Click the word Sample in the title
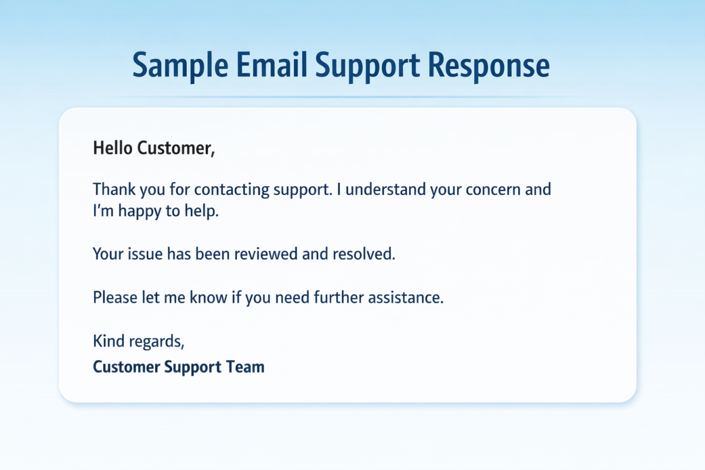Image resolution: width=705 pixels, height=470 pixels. [180, 65]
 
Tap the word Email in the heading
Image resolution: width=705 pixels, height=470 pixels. [271, 65]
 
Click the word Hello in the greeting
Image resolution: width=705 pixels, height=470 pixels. [113, 147]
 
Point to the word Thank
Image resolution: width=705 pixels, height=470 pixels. [114, 189]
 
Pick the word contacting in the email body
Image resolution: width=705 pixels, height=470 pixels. [231, 190]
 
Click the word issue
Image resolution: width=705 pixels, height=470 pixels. [145, 254]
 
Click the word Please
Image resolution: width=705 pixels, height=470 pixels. [115, 297]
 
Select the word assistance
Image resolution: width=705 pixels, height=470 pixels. [406, 297]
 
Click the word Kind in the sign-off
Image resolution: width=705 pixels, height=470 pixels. [109, 341]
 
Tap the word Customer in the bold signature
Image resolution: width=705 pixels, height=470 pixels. [126, 367]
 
